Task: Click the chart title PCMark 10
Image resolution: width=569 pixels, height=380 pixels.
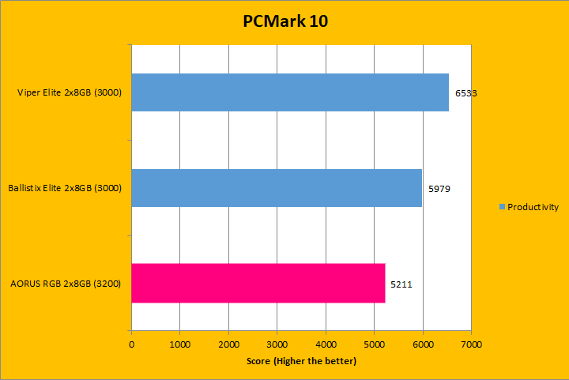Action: click(x=284, y=21)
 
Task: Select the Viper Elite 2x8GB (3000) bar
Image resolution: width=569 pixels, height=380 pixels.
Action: click(x=290, y=92)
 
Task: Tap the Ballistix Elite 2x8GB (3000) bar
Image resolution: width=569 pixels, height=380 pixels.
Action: click(x=277, y=187)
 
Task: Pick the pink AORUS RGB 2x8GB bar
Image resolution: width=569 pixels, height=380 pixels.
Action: click(x=258, y=283)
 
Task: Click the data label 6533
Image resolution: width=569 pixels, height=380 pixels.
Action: click(x=465, y=93)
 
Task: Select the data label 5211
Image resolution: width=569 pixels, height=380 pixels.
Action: click(x=401, y=283)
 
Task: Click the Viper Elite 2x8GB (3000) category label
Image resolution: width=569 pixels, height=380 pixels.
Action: click(x=69, y=93)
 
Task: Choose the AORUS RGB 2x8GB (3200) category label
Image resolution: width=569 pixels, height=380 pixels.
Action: click(x=66, y=283)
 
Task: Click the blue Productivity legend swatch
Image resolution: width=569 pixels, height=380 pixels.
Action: click(x=502, y=207)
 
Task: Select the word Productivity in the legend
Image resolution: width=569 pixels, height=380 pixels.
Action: click(x=533, y=207)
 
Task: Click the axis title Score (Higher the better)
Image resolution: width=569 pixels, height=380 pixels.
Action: click(x=300, y=361)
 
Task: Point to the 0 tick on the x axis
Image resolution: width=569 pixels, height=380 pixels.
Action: click(x=131, y=345)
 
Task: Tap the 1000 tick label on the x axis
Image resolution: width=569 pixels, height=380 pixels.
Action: click(x=180, y=345)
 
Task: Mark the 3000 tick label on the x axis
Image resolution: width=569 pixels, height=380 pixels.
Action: click(x=277, y=345)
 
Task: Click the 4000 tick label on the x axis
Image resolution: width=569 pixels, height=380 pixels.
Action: click(x=326, y=345)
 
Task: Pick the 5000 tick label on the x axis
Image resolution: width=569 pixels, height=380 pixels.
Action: click(x=375, y=345)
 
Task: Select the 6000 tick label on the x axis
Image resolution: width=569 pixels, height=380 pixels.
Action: click(x=423, y=345)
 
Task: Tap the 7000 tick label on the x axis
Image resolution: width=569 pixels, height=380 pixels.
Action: click(x=472, y=345)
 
